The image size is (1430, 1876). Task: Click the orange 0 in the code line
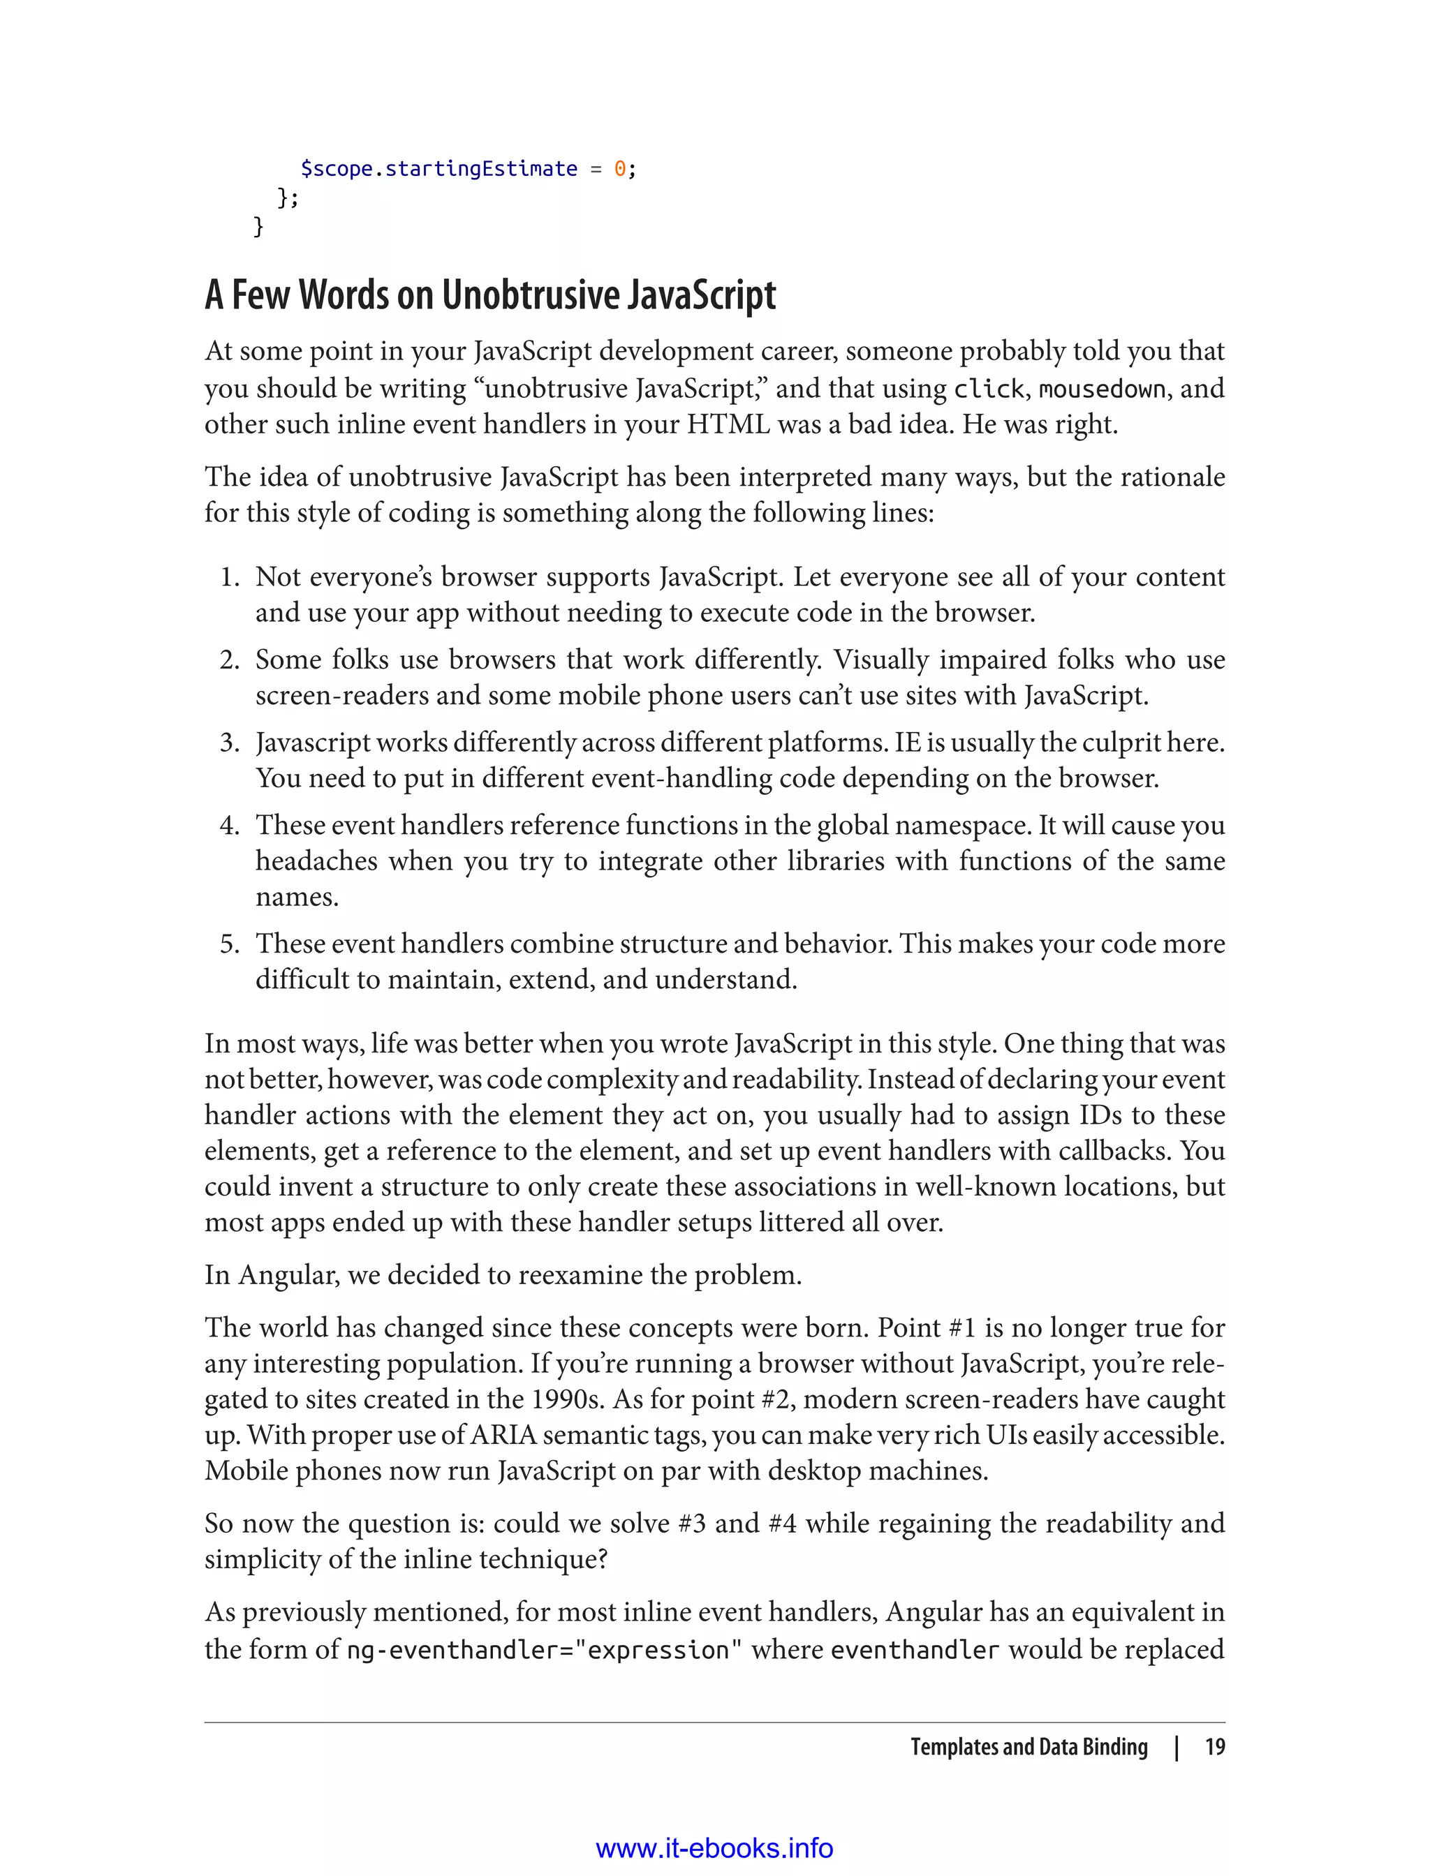(x=619, y=170)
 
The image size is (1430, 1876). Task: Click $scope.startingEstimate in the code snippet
(x=439, y=170)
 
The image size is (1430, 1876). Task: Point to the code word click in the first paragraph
(x=988, y=389)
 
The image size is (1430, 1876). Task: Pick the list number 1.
(x=229, y=577)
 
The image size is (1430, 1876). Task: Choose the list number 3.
(x=229, y=743)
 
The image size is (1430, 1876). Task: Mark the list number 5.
(x=229, y=944)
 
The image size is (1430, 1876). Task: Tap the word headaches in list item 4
(x=316, y=861)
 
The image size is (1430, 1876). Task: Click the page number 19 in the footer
(x=1215, y=1747)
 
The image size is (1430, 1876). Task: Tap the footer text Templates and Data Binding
(x=1029, y=1747)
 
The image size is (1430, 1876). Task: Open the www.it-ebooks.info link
(x=714, y=1849)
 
